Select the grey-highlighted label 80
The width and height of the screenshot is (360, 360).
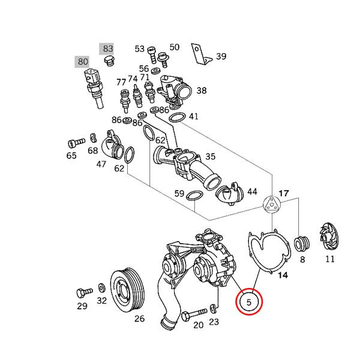pos(82,61)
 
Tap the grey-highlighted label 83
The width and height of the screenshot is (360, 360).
pos(108,48)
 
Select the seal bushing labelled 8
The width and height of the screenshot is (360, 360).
pos(302,244)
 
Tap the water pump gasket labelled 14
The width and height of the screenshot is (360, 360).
pos(267,252)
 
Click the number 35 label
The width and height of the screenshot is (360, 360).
pos(210,157)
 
